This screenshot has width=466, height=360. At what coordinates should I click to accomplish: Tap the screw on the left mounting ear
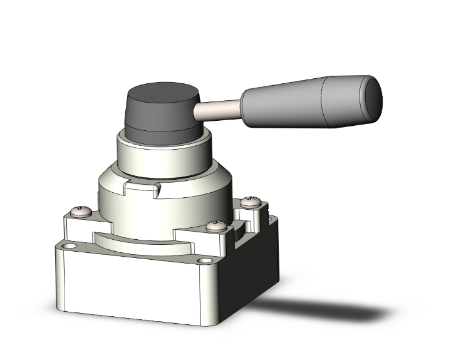pos(81,212)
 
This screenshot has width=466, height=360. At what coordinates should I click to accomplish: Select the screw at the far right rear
pos(251,201)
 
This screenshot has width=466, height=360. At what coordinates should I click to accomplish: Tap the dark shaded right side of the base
pos(247,275)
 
